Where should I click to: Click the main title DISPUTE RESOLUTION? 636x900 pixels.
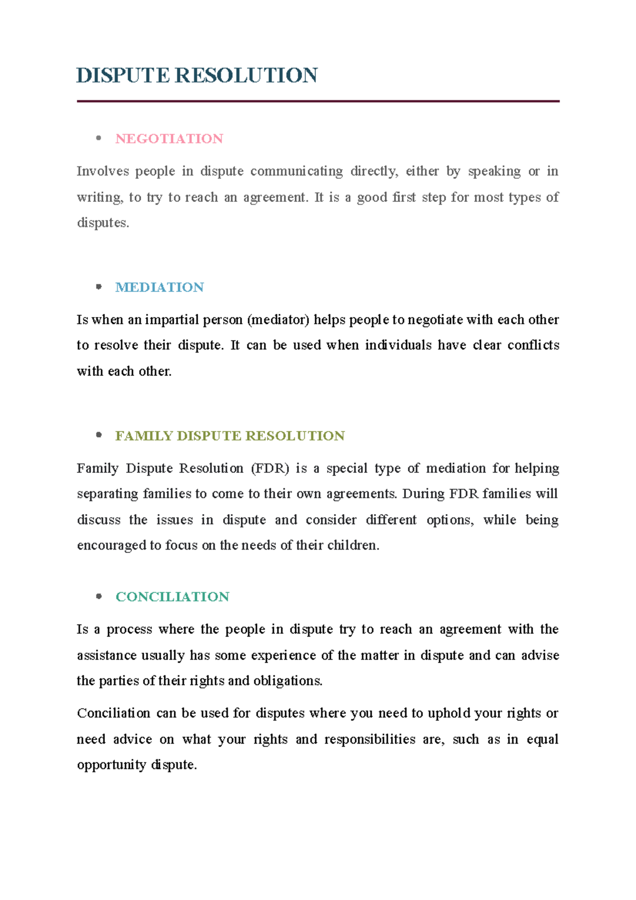pyautogui.click(x=197, y=75)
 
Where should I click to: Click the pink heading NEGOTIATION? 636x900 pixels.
pyautogui.click(x=169, y=139)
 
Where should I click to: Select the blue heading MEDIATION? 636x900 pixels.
pyautogui.click(x=160, y=287)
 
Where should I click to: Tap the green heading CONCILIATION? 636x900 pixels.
pyautogui.click(x=172, y=597)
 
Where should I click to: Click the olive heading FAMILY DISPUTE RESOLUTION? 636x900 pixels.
pyautogui.click(x=230, y=436)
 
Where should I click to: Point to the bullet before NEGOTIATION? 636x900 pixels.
pyautogui.click(x=99, y=138)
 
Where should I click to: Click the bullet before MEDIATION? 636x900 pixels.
pyautogui.click(x=99, y=287)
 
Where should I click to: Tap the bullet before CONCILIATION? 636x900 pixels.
pyautogui.click(x=99, y=596)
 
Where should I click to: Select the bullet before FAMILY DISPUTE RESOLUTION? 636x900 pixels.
pyautogui.click(x=99, y=435)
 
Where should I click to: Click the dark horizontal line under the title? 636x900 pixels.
pyautogui.click(x=318, y=101)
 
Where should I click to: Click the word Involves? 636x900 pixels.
pyautogui.click(x=103, y=171)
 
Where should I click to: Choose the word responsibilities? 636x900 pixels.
pyautogui.click(x=369, y=739)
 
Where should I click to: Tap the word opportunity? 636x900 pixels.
pyautogui.click(x=111, y=765)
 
